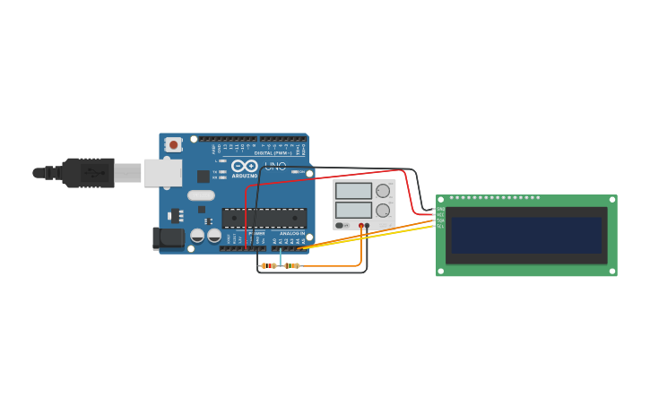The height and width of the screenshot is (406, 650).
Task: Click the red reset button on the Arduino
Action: [173, 143]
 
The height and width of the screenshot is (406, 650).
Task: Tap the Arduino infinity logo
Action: [244, 166]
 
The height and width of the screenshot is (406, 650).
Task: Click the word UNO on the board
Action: [275, 166]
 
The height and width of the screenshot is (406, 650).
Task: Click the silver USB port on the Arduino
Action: [162, 172]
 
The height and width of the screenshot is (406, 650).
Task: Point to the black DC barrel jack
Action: [168, 238]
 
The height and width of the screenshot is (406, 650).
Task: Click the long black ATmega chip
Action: [264, 218]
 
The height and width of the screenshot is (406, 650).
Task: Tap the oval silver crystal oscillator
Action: [201, 195]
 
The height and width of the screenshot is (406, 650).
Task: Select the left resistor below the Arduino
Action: [268, 265]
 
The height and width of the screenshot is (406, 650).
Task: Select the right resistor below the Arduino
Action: [291, 265]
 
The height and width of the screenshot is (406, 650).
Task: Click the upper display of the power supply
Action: [353, 191]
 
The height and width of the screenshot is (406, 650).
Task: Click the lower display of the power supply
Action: [353, 211]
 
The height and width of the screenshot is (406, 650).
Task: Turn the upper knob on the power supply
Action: [383, 191]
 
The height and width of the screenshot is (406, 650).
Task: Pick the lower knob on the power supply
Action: [383, 211]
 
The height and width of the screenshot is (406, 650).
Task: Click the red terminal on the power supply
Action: [361, 225]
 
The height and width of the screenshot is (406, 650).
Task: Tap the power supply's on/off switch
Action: [340, 225]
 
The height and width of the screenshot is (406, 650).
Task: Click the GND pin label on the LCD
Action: [440, 209]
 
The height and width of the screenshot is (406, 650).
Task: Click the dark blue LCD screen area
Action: [526, 235]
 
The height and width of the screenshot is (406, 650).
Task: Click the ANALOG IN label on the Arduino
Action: [292, 233]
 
